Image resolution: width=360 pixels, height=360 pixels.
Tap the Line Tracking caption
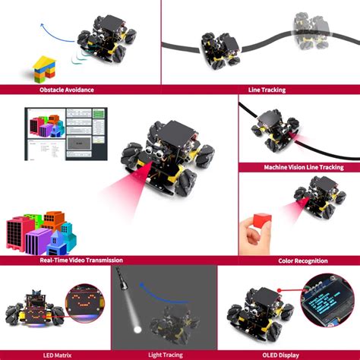[x=261, y=90]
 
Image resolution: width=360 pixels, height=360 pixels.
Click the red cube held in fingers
[x=261, y=222]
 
